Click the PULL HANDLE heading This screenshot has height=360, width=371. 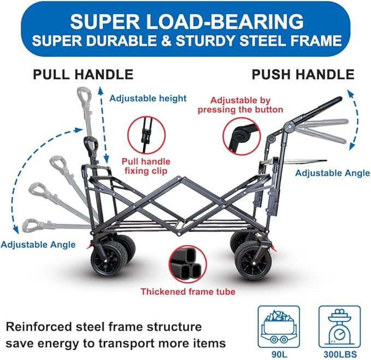point(83,74)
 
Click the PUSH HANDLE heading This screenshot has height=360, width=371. point(303,74)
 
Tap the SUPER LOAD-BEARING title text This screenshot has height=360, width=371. point(186,21)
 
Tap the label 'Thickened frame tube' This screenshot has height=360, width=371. point(188,292)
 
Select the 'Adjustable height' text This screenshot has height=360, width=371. point(148,98)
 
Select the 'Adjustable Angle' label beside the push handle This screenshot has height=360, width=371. point(333,173)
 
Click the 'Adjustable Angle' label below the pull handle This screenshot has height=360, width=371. point(38,244)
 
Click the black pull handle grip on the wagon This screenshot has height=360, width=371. point(91,145)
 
